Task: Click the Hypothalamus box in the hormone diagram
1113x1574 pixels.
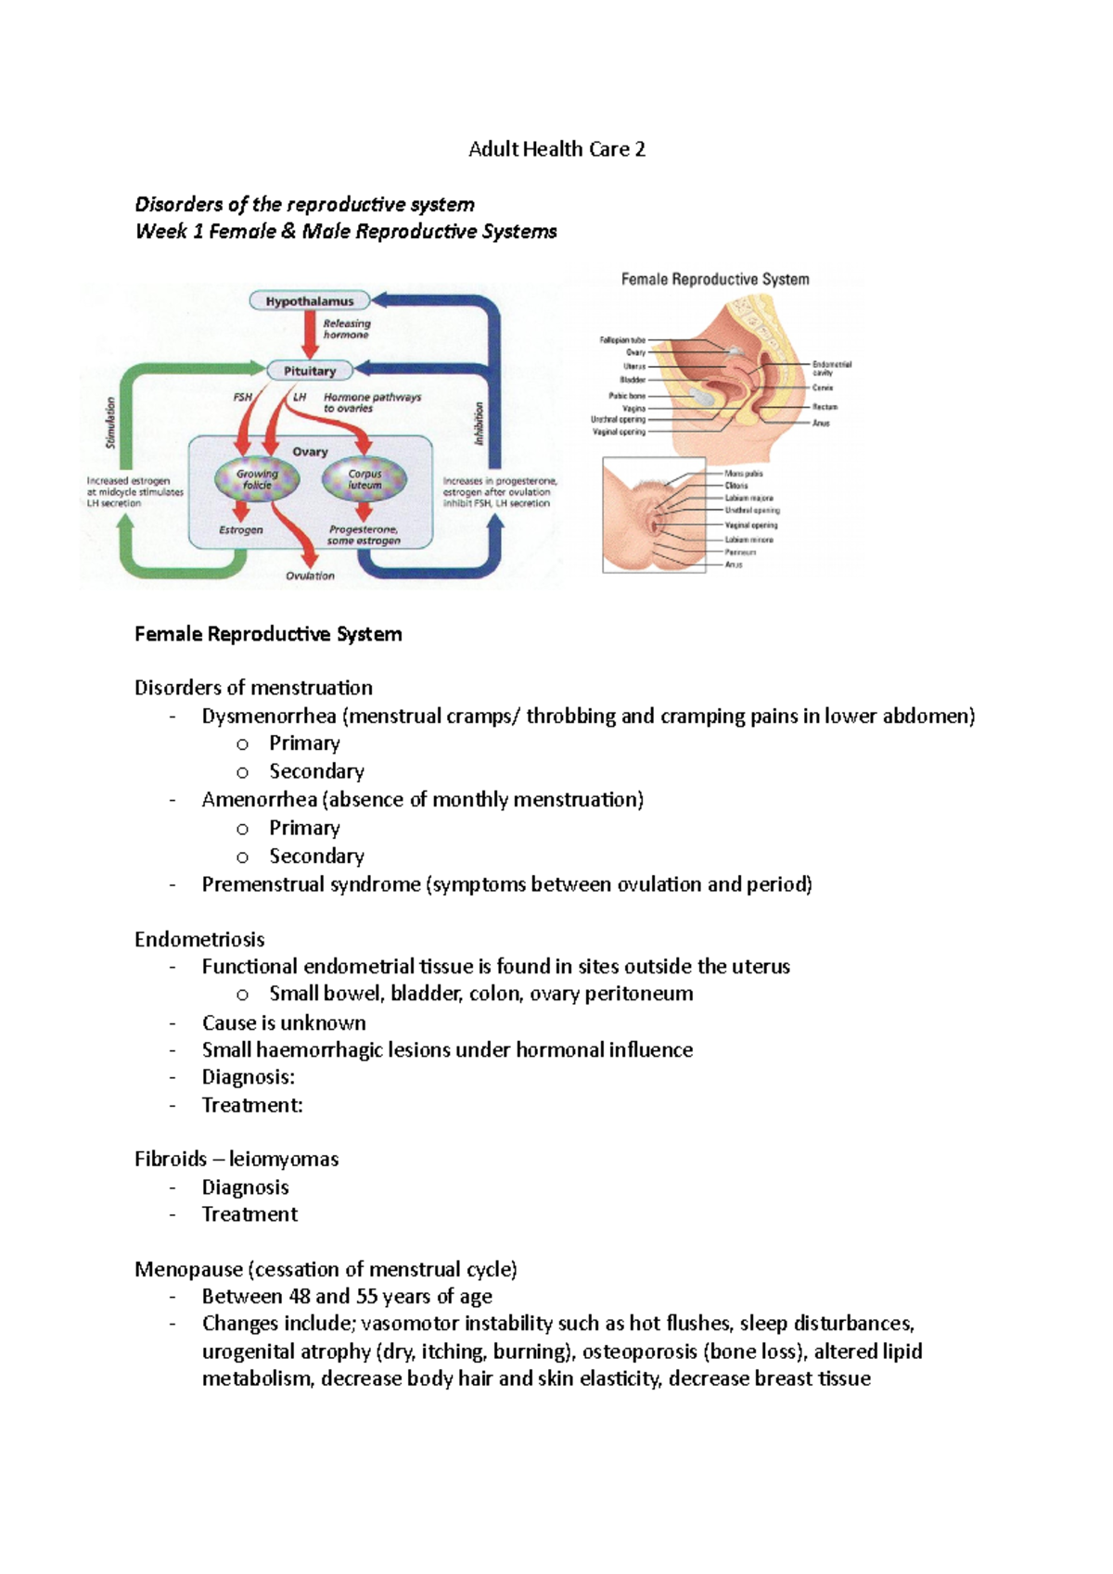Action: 309,300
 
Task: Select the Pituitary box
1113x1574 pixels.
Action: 310,371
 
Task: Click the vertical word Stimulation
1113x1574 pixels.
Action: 110,423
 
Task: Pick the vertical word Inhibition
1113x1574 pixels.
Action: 480,423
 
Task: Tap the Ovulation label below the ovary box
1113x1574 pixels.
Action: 310,576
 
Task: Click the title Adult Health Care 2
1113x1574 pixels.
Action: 556,149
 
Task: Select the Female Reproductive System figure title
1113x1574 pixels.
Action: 714,279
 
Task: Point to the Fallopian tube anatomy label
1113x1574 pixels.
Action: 621,340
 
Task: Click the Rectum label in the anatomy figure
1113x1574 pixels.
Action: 825,406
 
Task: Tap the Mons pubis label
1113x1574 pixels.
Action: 744,474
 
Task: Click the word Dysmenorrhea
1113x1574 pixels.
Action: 269,716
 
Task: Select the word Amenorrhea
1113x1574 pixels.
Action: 260,799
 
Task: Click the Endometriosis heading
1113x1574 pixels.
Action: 199,939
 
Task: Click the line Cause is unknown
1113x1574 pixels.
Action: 284,1022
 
